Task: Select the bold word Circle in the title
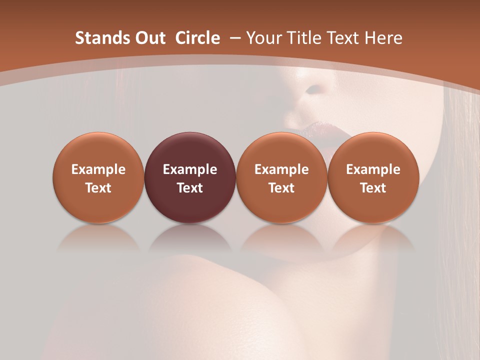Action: coord(197,38)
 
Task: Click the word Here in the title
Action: coord(384,38)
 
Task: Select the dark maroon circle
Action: coord(190,177)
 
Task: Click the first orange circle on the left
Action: coord(98,177)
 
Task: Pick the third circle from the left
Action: coord(281,177)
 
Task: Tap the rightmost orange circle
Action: coord(373,177)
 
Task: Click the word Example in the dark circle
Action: coord(190,169)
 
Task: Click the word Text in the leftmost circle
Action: coord(98,188)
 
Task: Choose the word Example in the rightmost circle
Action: coord(373,169)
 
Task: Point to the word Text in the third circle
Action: coord(281,188)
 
